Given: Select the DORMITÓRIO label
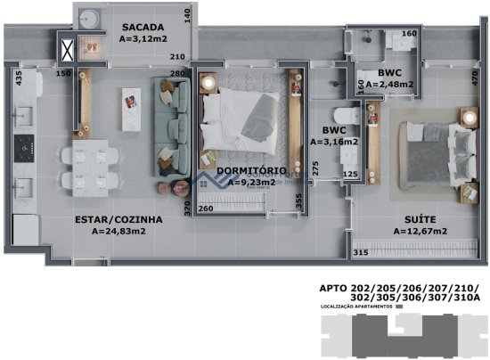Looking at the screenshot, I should (250, 169).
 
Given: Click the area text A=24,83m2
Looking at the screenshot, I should (119, 231).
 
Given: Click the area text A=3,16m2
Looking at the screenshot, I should (334, 141).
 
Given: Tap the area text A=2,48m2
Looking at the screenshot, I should (390, 85).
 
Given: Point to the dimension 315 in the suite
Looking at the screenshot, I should (361, 253).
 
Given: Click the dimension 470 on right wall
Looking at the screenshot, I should (475, 78).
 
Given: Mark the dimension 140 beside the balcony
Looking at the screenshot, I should (187, 15).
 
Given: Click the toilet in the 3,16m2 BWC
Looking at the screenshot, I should (349, 115).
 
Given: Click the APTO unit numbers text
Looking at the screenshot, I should (398, 293).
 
